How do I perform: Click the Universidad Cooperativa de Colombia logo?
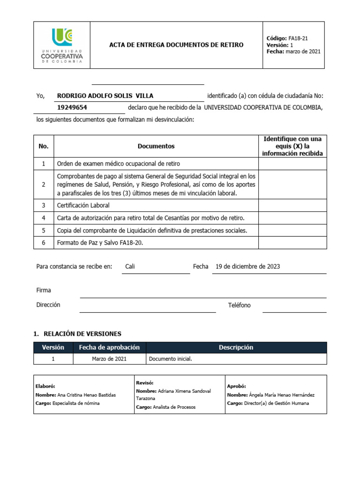[x=62, y=45]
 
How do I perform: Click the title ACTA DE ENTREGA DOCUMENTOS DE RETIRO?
[x=176, y=45]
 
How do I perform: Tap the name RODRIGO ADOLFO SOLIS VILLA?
[x=105, y=96]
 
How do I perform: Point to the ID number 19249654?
[x=72, y=107]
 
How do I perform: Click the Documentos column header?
[x=156, y=146]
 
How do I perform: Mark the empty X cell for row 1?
[x=292, y=164]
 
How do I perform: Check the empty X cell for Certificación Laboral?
[x=292, y=205]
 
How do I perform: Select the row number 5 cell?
[x=44, y=231]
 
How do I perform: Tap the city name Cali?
[x=130, y=267]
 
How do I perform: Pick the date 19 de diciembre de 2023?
[x=247, y=267]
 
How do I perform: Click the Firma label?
[x=44, y=290]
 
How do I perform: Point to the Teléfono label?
[x=239, y=305]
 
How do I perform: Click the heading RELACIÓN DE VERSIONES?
[x=82, y=334]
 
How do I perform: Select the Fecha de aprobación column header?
[x=109, y=347]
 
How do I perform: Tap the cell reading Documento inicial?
[x=171, y=359]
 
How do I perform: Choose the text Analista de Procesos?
[x=174, y=407]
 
